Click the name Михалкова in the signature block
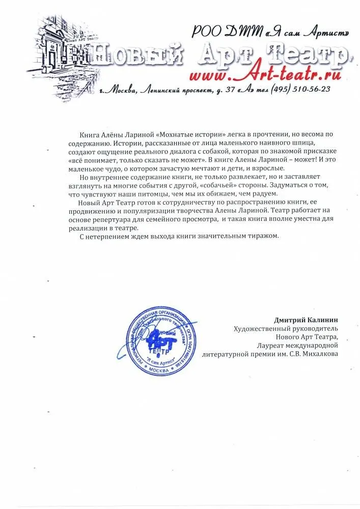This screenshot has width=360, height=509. (318, 354)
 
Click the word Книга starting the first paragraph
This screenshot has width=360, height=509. (90, 134)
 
